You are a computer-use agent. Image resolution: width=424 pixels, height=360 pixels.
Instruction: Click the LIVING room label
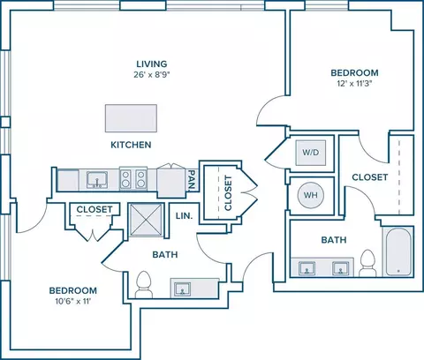point(152,64)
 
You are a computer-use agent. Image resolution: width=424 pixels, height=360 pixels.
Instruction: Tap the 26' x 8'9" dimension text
point(152,75)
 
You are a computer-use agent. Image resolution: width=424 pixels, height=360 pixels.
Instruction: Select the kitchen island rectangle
point(131,118)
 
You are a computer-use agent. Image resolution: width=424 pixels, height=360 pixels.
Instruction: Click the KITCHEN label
point(131,145)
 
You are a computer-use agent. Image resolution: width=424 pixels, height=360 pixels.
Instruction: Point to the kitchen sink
point(97,180)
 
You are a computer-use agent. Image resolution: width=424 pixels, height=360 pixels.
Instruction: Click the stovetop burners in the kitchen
point(133,179)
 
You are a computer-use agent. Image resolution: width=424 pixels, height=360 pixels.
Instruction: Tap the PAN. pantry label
point(192,180)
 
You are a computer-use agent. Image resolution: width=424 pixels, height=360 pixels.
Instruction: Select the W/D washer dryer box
point(311,153)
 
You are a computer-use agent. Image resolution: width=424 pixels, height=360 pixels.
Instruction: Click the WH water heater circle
point(311,195)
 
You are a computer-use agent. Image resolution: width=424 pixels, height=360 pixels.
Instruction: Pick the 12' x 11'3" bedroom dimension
point(354,84)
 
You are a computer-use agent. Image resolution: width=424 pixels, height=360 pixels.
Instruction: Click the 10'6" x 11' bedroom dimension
point(73,301)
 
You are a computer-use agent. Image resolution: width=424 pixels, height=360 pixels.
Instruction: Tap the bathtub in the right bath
point(398,252)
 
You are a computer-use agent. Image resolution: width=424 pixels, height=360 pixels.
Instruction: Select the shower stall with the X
point(146,220)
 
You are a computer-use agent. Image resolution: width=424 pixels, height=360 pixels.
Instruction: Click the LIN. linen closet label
point(184,216)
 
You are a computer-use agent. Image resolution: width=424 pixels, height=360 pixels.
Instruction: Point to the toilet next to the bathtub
point(367,264)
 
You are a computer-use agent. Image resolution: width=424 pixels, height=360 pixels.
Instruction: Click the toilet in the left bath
point(144,285)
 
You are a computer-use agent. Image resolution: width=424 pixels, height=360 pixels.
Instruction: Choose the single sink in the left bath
point(182,289)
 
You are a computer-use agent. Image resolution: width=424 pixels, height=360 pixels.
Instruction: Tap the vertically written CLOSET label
point(228,193)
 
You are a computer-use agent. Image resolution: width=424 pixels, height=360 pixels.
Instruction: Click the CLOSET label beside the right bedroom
point(370,177)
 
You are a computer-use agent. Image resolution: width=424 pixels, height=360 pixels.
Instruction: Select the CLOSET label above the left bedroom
point(95,209)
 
